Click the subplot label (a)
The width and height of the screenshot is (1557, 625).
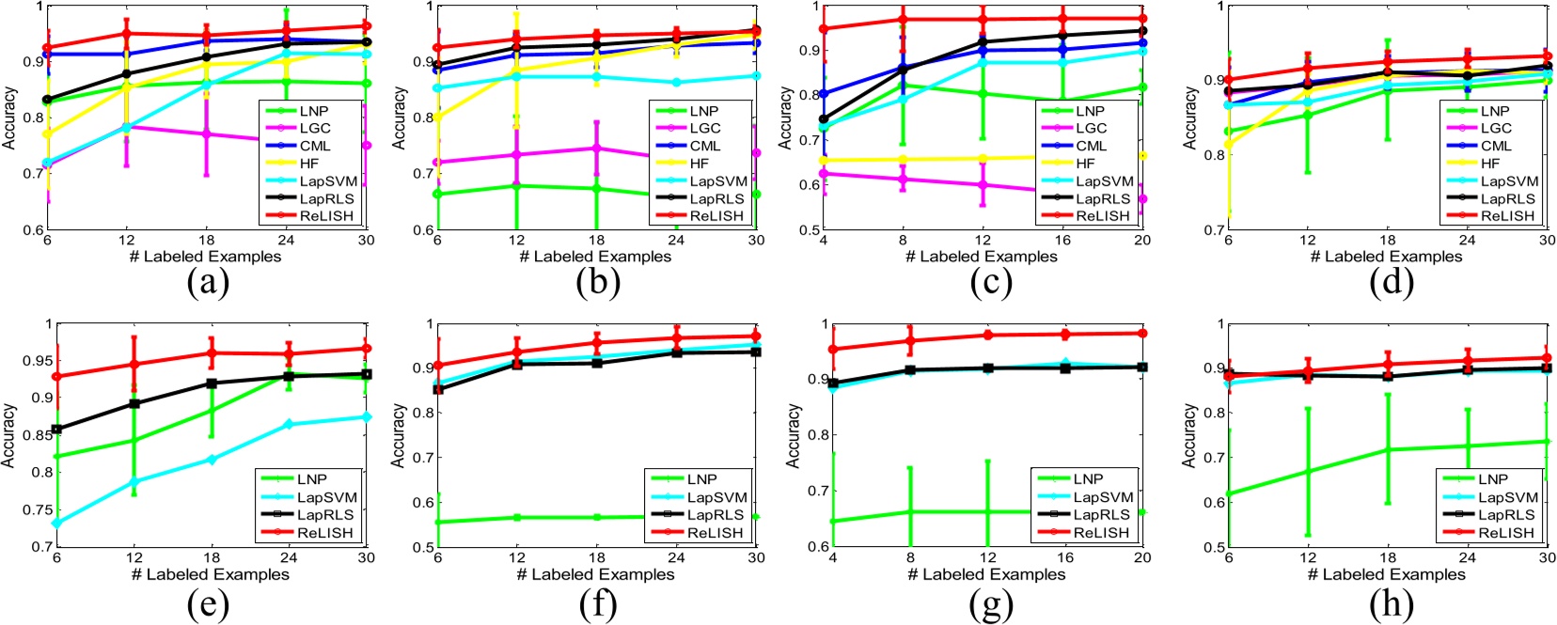pos(208,282)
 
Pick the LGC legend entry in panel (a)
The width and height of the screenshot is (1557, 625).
pos(315,129)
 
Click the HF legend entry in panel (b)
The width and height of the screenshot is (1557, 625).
pos(700,164)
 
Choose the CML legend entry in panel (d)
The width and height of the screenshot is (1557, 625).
pos(1496,146)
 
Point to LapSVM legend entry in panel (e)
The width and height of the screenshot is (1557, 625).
pos(326,497)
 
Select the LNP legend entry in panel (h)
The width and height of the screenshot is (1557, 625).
pos(1493,479)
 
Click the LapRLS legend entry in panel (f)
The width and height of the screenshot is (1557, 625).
pos(717,515)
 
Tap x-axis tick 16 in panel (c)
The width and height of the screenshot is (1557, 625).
pos(1062,240)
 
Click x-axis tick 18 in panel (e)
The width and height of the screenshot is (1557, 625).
pos(212,557)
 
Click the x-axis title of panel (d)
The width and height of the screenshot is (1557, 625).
pos(1387,257)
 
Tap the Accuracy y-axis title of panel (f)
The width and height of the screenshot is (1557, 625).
pos(399,435)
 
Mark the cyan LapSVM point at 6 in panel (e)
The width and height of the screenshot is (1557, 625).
pos(56,523)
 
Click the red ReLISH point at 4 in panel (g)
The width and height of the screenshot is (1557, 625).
pos(832,350)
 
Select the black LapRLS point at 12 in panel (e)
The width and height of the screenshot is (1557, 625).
pos(134,404)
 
